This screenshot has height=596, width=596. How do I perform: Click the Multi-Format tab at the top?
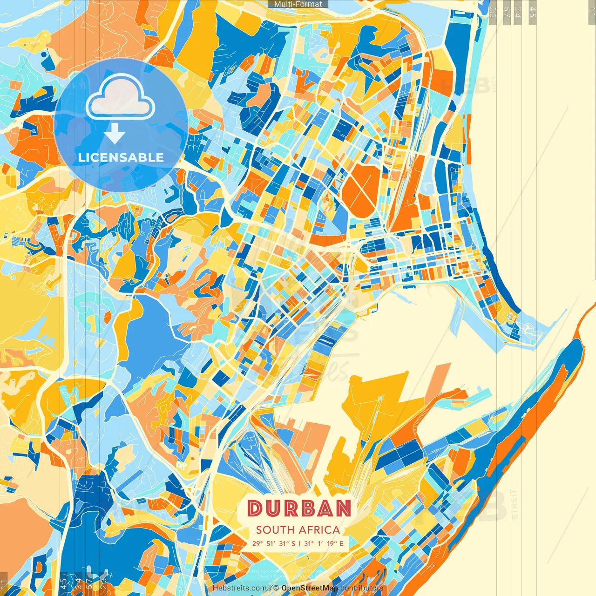298,4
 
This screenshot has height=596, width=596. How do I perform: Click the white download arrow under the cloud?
115,135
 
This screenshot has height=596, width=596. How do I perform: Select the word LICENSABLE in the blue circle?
121,157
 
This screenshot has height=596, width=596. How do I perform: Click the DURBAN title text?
299,508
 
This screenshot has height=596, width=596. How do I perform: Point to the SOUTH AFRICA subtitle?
298,530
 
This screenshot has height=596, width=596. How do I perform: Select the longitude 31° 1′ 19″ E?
324,543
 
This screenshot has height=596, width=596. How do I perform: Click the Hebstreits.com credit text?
240,588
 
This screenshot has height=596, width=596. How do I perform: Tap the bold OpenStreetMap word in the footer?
310,588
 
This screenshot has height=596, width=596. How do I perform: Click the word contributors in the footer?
362,588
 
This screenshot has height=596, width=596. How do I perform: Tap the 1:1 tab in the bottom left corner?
4,584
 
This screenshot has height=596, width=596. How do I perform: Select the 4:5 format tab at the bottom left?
63,584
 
